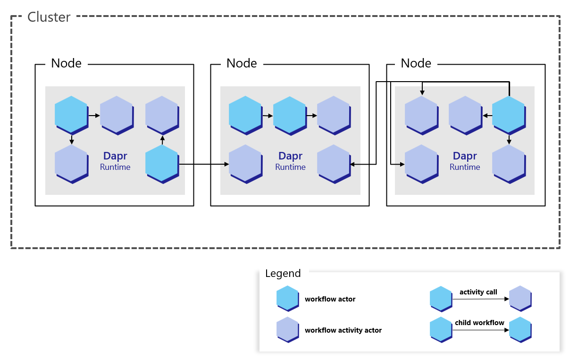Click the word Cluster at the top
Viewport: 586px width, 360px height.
[x=49, y=17]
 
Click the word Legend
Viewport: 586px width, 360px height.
[x=283, y=274]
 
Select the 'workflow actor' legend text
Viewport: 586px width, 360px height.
[x=330, y=299]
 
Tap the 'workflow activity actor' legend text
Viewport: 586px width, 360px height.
[x=343, y=330]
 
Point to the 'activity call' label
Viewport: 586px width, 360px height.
[x=478, y=292]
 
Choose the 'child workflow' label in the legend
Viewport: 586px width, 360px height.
[x=479, y=323]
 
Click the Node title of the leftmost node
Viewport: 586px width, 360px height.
[x=66, y=63]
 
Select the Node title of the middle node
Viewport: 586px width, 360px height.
[x=242, y=63]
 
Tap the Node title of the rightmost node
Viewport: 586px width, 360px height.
[x=416, y=63]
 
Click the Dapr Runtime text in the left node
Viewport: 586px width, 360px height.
[x=115, y=161]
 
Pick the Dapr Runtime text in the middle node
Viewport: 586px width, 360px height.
[x=290, y=161]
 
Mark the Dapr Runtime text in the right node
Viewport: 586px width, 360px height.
[x=465, y=161]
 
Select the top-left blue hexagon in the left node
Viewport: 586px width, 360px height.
[x=71, y=114]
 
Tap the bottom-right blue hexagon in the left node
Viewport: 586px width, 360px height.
[x=162, y=163]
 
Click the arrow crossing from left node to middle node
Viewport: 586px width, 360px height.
[x=203, y=164]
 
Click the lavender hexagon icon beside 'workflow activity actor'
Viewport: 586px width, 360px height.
[x=287, y=329]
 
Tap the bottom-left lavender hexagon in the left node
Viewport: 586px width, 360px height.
[x=71, y=163]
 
